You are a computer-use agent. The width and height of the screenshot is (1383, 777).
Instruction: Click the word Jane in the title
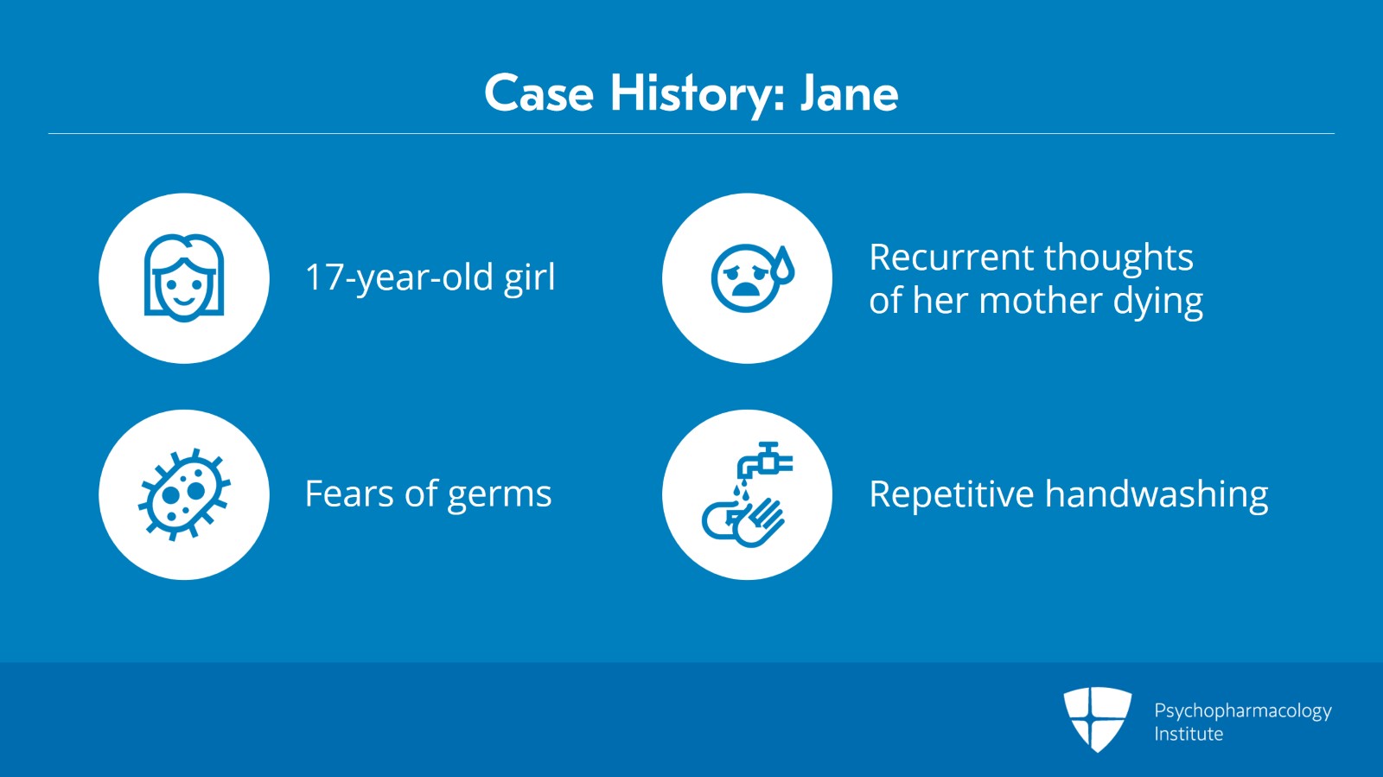pos(849,94)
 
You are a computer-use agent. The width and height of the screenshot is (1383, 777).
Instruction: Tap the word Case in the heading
pos(539,94)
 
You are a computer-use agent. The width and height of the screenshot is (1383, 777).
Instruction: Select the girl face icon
pos(184,277)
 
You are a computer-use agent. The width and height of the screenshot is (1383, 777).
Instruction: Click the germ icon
pos(184,494)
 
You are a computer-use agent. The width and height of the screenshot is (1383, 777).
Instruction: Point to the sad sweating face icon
pos(752,277)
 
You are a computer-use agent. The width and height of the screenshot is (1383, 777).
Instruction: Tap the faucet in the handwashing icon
pos(764,461)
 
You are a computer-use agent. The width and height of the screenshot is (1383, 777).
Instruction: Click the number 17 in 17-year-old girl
pos(323,277)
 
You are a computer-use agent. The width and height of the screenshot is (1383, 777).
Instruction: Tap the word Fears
pos(349,494)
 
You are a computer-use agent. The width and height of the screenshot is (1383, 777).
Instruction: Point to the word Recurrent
pos(951,258)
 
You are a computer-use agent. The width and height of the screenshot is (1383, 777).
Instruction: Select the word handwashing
pos(1157,494)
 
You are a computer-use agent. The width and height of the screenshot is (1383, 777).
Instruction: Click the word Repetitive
pos(952,494)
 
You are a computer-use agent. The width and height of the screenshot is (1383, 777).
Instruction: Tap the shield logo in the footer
pos(1097,719)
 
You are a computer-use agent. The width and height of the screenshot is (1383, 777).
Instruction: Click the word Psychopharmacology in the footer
pos(1243,711)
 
